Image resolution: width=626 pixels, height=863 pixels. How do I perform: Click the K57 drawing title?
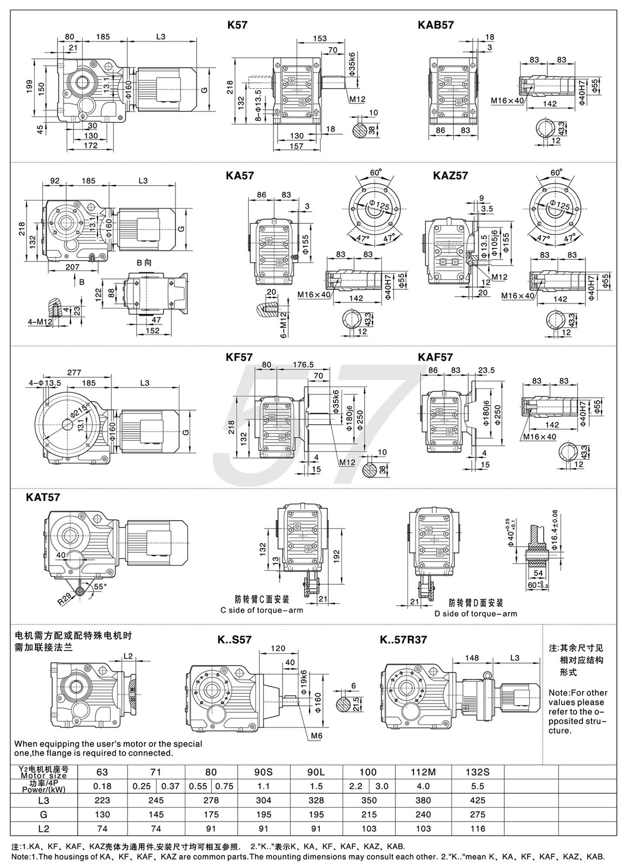(x=237, y=25)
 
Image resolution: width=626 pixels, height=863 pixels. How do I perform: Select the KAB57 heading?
(x=435, y=25)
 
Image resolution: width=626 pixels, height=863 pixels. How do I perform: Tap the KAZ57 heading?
(x=450, y=175)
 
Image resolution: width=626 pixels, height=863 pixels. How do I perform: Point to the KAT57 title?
(x=43, y=498)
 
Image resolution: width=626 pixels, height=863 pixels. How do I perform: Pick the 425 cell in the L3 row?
(x=477, y=800)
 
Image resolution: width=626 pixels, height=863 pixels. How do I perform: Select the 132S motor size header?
(x=477, y=772)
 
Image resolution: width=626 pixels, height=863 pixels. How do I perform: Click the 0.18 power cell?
(x=102, y=786)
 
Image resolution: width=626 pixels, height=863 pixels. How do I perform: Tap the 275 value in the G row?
(x=477, y=814)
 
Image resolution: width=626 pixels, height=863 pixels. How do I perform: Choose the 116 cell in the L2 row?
(x=477, y=828)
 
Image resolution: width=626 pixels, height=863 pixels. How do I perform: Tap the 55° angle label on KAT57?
(x=100, y=587)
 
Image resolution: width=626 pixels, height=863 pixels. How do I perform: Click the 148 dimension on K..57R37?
(x=472, y=658)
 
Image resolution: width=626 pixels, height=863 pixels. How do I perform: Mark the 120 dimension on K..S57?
(x=278, y=649)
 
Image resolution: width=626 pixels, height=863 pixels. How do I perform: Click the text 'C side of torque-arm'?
(x=262, y=610)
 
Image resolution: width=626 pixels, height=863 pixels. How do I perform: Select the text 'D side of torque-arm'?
(x=476, y=614)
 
